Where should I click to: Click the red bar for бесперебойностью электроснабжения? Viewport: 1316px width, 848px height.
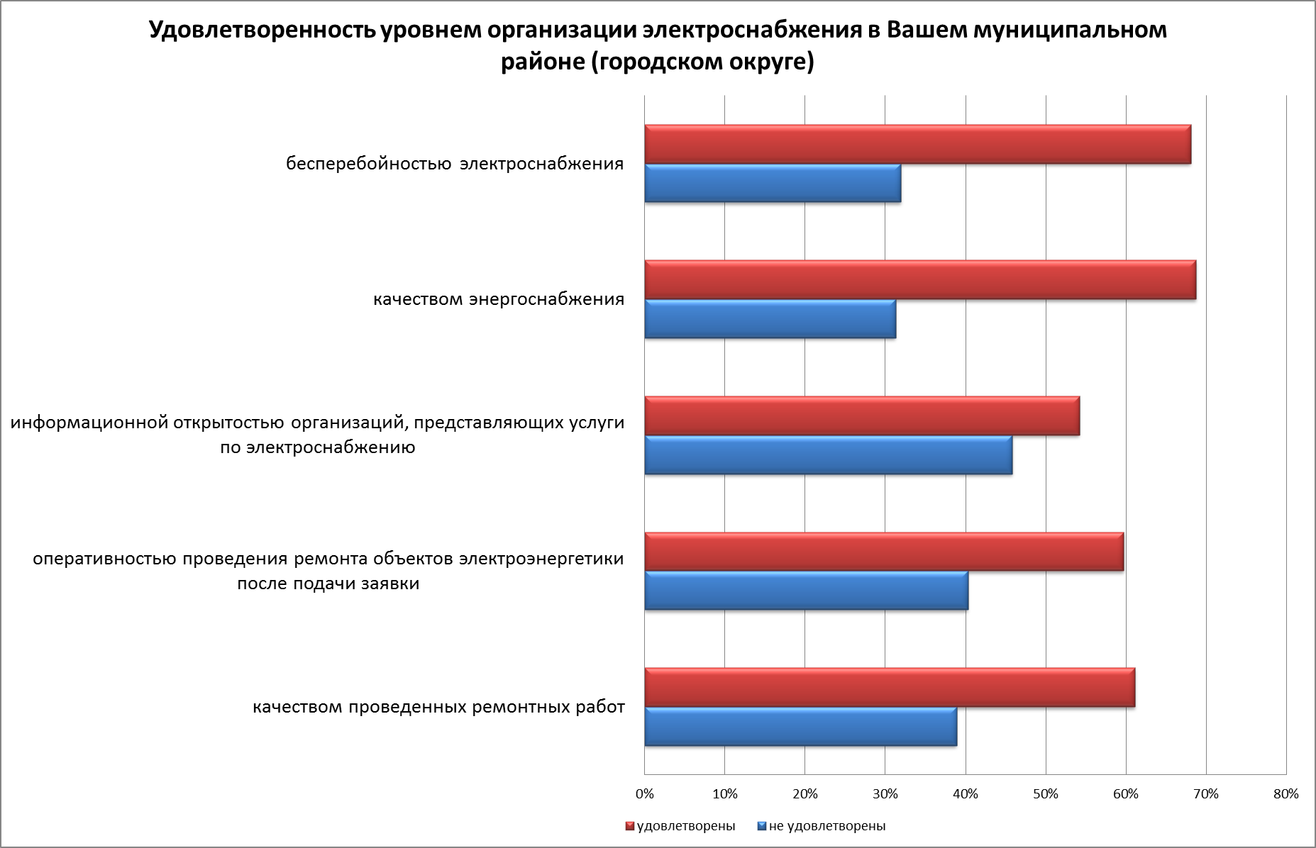pyautogui.click(x=917, y=145)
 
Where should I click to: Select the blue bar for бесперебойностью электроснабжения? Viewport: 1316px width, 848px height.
pyautogui.click(x=773, y=184)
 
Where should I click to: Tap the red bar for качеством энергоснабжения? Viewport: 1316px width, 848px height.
pyautogui.click(x=920, y=280)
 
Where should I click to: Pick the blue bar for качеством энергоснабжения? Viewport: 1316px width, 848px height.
pyautogui.click(x=770, y=319)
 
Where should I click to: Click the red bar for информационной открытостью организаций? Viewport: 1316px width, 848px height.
pyautogui.click(x=862, y=416)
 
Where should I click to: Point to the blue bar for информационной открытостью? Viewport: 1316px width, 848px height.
pyautogui.click(x=828, y=455)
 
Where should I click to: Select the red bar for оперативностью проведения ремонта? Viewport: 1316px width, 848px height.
pyautogui.click(x=884, y=552)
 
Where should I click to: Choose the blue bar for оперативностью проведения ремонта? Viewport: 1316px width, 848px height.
pyautogui.click(x=806, y=591)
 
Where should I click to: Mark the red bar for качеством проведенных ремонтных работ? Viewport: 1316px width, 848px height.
pyautogui.click(x=890, y=688)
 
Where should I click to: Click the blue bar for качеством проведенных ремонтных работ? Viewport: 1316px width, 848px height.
pyautogui.click(x=800, y=727)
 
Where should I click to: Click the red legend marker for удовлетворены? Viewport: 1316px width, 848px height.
pyautogui.click(x=629, y=826)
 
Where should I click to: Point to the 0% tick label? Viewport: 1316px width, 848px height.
pyautogui.click(x=644, y=794)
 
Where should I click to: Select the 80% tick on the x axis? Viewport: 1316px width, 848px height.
pyautogui.click(x=1286, y=794)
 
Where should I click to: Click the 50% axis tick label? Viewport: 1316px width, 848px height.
pyautogui.click(x=1046, y=794)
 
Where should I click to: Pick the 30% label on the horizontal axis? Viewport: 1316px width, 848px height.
pyautogui.click(x=885, y=794)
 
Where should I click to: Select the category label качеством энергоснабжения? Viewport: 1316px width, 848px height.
pyautogui.click(x=499, y=299)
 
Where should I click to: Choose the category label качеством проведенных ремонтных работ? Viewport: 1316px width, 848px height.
pyautogui.click(x=439, y=707)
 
